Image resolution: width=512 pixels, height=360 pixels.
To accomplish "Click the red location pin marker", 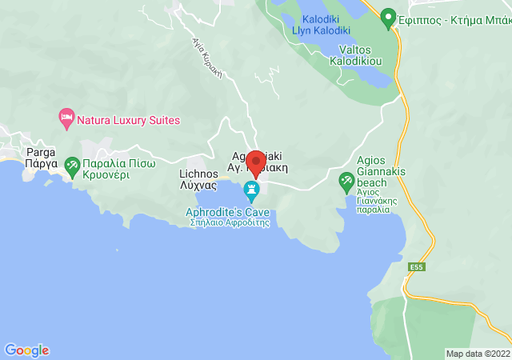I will click(255, 162).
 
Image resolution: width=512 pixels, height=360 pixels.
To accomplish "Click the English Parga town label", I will click(40, 152).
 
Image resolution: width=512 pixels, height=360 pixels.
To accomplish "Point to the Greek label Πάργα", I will click(40, 163).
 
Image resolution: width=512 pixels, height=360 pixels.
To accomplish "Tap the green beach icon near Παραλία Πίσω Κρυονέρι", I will click(72, 166).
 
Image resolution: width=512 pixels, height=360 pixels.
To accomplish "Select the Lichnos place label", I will click(198, 174).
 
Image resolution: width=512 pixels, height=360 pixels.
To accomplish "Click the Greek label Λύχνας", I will click(198, 184).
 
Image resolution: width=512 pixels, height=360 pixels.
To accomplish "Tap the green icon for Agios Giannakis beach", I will click(346, 182).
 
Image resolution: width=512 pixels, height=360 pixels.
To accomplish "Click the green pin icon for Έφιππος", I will click(389, 16).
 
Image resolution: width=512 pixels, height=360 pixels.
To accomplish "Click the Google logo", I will click(26, 350).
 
